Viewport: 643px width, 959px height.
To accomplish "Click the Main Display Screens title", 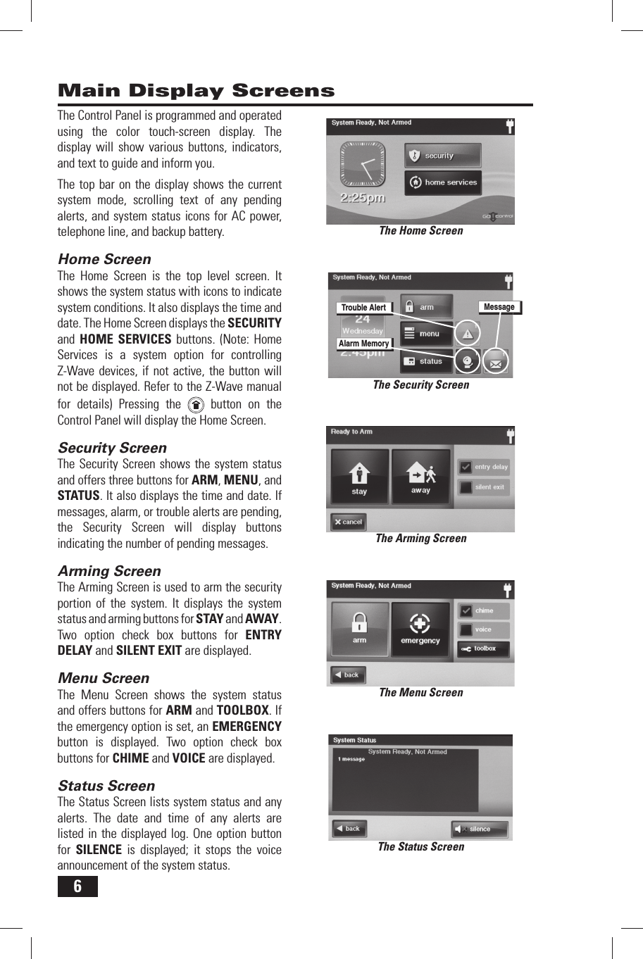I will coord(196,91).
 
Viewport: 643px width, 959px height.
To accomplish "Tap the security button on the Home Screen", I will coord(442,156).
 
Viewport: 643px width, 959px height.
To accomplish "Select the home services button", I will coord(443,182).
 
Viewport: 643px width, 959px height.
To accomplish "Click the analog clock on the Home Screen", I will coord(363,165).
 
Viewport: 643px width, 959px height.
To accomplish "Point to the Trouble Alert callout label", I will coord(363,308).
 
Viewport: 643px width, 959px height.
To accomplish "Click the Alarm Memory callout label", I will coord(363,344).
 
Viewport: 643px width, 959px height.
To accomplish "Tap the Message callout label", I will coord(499,307).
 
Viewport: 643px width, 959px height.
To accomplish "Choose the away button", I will coord(420,476).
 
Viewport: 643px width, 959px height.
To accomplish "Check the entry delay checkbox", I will coord(466,467).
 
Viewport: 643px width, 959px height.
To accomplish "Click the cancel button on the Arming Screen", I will coord(348,522).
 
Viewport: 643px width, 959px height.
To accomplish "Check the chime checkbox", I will coord(466,610).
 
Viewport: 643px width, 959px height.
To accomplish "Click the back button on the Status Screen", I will coord(348,829).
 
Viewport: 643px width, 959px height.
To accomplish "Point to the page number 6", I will coord(77,886).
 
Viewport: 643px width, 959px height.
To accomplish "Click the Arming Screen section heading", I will coord(109,571).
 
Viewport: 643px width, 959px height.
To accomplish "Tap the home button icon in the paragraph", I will coord(196,405).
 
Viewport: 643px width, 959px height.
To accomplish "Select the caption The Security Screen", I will coord(420,385).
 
